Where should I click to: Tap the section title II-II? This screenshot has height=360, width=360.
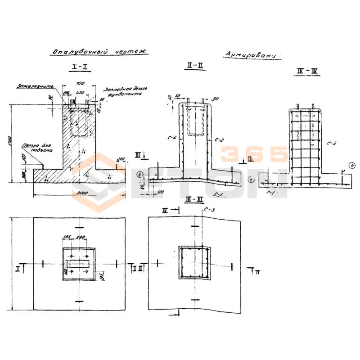pos(195,66)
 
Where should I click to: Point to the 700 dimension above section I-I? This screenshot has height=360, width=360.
pos(80,84)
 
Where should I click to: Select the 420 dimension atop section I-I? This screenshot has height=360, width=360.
pos(81,93)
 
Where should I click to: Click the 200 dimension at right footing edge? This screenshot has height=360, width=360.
pos(121,160)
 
